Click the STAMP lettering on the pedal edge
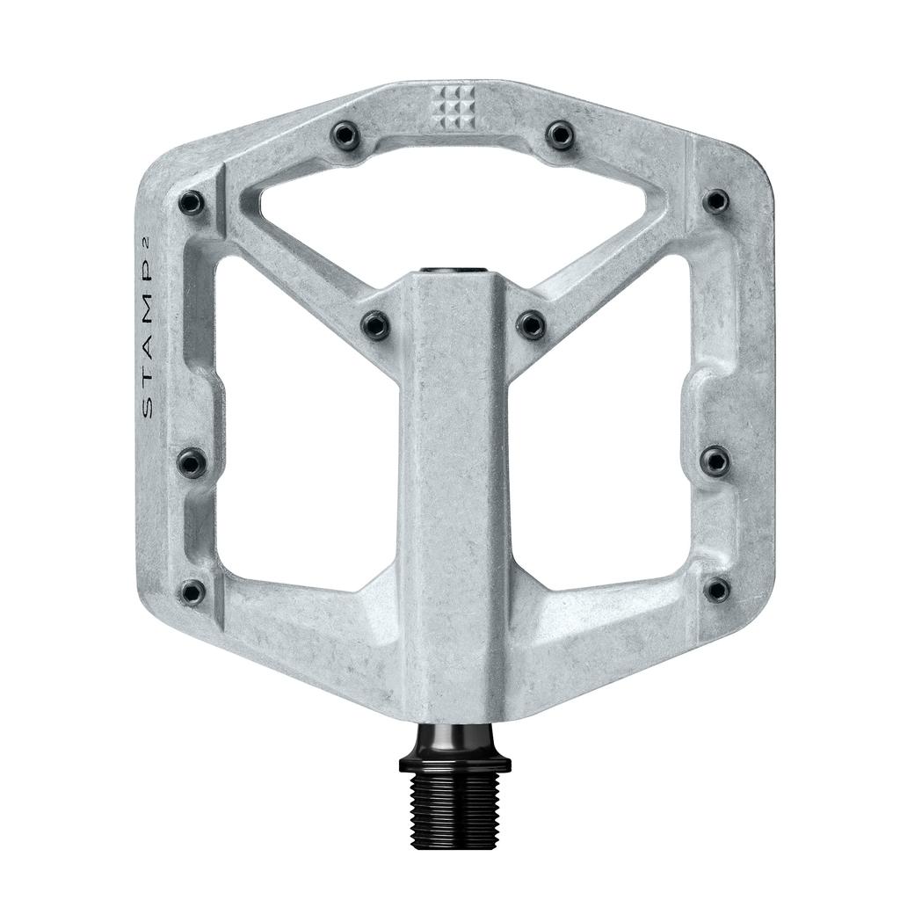(x=149, y=352)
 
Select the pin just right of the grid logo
(x=559, y=134)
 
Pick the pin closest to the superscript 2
(x=191, y=203)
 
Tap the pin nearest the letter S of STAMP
(x=192, y=461)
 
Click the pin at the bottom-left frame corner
(x=192, y=591)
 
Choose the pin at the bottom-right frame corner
(x=717, y=589)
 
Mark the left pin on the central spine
(x=376, y=326)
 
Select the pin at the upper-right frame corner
(x=717, y=201)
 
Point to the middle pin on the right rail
(x=716, y=458)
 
